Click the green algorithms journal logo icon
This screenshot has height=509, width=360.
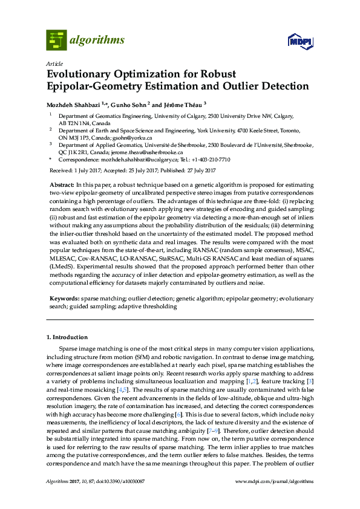point(55,40)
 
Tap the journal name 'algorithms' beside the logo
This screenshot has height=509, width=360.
point(98,41)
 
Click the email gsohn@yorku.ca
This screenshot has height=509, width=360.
point(125,137)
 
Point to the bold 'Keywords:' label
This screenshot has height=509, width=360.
point(64,299)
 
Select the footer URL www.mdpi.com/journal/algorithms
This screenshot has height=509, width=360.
point(274,498)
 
